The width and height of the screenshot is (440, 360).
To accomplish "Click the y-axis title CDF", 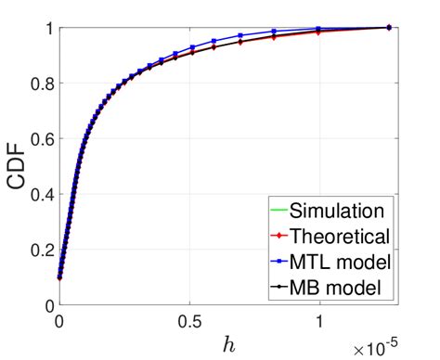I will pos(19,165).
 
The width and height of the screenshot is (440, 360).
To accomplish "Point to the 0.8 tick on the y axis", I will pos(41,83).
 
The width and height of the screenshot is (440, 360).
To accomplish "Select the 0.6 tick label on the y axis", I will pos(41,138).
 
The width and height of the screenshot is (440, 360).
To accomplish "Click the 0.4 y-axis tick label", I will pos(41,194).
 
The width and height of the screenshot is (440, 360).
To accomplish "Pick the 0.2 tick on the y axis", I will pos(41,250).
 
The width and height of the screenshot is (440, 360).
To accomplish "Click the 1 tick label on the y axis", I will pos(47,28).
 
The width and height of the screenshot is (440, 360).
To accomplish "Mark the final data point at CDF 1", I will pos(387,28).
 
